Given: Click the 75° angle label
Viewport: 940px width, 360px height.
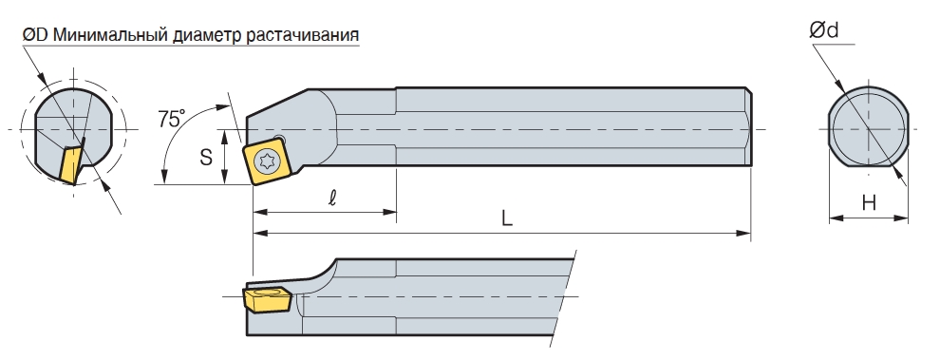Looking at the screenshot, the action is coord(171,118).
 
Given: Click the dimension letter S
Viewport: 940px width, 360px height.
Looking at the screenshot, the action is coord(206,157).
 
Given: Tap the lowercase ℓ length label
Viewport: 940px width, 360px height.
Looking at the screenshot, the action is coord(332,198).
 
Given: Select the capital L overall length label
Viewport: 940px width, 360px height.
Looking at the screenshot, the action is coord(507,218).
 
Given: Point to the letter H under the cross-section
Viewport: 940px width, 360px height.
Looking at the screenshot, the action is coord(869,203).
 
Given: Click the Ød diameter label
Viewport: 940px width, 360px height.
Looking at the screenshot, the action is coord(824,29).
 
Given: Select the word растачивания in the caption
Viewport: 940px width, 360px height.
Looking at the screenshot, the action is coord(302,35).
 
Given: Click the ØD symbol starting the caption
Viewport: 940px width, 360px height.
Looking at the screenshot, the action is coord(35,35).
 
